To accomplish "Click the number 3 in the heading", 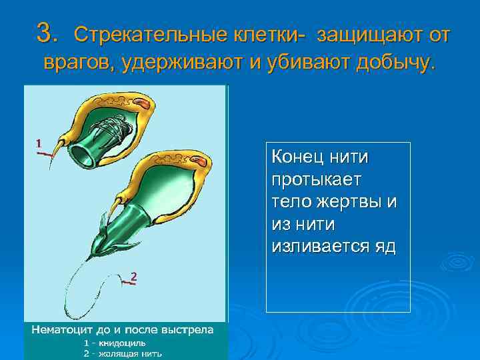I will [x=45, y=31].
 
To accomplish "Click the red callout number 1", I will [x=39, y=143].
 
